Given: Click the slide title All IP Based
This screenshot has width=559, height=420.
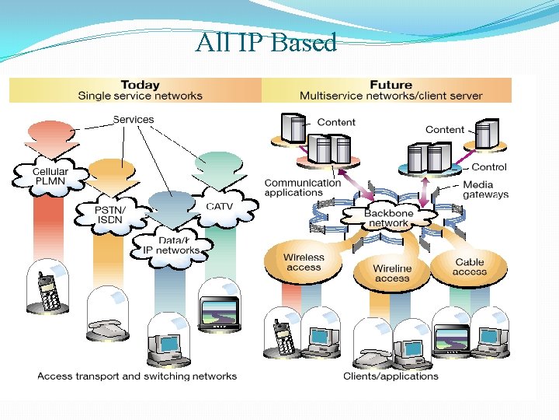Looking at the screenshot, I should tap(266, 42).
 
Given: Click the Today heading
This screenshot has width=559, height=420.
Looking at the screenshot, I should tap(140, 85).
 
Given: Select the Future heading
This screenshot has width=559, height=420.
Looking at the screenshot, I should tap(391, 85).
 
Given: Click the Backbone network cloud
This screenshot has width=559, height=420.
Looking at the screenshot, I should tap(387, 218).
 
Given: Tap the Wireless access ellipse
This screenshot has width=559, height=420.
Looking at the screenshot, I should tap(304, 262).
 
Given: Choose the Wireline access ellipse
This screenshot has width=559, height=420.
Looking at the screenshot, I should tap(392, 273).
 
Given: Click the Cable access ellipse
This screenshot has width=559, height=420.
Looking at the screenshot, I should tap(469, 267).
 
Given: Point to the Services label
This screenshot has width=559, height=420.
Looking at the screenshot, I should tap(134, 119).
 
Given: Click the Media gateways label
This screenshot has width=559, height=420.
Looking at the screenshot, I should tap(485, 190).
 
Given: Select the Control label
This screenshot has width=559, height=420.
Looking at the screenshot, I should tap(489, 166).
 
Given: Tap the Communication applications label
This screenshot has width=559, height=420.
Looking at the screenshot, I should tap(302, 187).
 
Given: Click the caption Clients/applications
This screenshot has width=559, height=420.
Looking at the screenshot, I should tap(391, 376).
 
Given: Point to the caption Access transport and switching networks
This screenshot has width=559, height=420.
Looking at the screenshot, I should tap(137, 376).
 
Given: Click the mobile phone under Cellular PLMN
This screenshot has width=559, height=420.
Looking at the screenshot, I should tap(50, 292).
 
